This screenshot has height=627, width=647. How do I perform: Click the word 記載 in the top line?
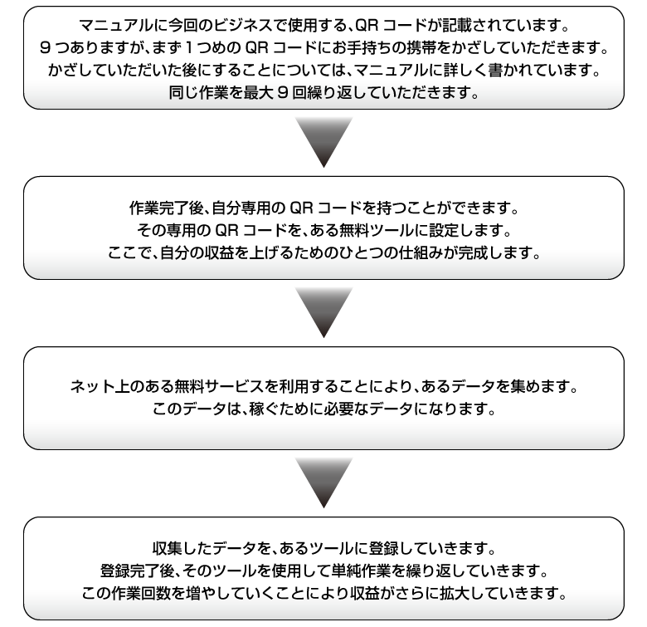point(457,26)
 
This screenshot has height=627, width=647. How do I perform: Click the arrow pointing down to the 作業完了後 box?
point(323,142)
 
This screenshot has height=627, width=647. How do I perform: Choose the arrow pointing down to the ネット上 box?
point(323,313)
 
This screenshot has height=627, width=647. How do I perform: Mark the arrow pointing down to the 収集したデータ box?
point(323,482)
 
